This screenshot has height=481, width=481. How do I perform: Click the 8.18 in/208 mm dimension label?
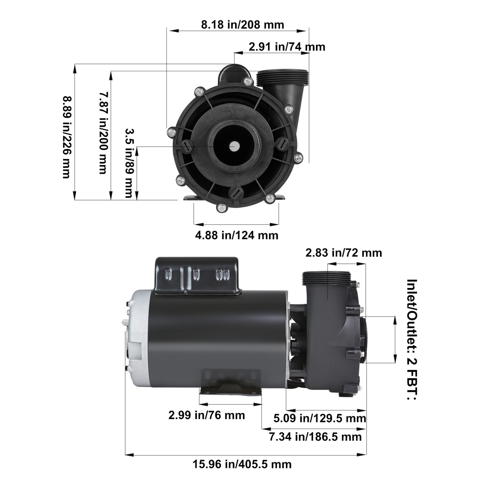pyautogui.click(x=242, y=25)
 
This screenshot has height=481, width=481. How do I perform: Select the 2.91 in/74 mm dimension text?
pyautogui.click(x=287, y=47)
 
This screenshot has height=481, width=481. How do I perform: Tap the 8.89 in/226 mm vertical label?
pyautogui.click(x=66, y=137)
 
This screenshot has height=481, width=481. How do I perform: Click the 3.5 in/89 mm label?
pyautogui.click(x=129, y=163)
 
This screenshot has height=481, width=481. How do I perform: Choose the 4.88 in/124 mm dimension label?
pyautogui.click(x=237, y=235)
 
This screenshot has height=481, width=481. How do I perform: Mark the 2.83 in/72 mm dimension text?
pyautogui.click(x=343, y=253)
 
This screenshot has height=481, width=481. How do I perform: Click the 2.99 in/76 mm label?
pyautogui.click(x=207, y=415)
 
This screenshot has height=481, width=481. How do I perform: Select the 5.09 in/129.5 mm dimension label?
pyautogui.click(x=319, y=418)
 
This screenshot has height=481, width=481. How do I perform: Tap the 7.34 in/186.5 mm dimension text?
pyautogui.click(x=315, y=436)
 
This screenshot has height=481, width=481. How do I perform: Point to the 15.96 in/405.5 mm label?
pyautogui.click(x=242, y=464)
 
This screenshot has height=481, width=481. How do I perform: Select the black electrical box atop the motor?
pyautogui.click(x=197, y=275)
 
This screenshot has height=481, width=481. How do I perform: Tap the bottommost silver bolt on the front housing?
pyautogui.click(x=221, y=209)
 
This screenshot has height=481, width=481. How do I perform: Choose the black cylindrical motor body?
pyautogui.click(x=218, y=333)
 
